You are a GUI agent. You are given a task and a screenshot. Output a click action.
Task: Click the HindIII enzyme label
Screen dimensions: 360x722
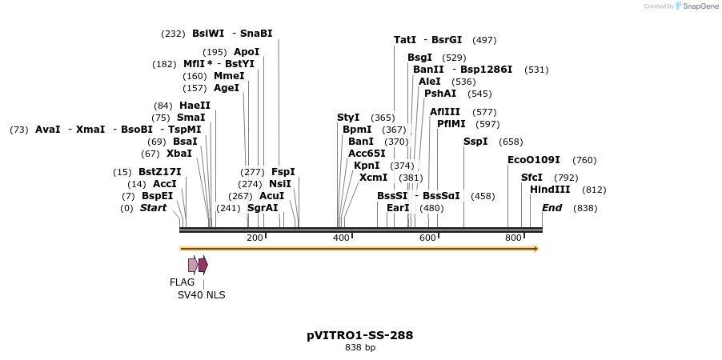pos(550,190)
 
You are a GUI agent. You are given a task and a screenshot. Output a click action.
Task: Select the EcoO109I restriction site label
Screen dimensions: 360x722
pos(533,160)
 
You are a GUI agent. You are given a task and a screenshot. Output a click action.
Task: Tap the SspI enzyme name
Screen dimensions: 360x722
pos(475,142)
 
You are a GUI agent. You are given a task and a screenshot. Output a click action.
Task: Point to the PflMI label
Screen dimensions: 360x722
pos(451,124)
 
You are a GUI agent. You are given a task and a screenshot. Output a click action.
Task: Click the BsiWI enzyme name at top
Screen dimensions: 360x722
pos(208,34)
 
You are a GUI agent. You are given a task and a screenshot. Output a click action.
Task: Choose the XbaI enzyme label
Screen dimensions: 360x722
pos(178,154)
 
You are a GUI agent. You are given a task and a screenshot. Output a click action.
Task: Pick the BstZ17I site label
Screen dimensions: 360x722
pos(159,172)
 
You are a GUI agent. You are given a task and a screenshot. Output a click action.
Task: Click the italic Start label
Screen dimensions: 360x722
pos(153,208)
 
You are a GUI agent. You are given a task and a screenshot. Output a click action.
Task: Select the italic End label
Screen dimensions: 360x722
pos(552,208)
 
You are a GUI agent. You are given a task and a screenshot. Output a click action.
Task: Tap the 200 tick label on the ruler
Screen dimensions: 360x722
pos(255,238)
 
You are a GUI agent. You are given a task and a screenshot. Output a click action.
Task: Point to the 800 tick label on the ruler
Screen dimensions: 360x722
pos(513,238)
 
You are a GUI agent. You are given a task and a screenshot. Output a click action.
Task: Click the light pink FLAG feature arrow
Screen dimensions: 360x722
pos(193,265)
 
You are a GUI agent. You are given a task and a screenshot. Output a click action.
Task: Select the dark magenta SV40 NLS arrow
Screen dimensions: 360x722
pos(203,265)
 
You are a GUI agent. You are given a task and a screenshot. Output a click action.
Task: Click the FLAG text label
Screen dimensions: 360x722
pos(182,282)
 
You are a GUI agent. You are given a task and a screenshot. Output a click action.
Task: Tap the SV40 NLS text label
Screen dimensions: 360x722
pos(201,295)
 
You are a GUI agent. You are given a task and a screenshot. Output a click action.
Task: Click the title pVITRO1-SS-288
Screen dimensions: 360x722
pos(360,335)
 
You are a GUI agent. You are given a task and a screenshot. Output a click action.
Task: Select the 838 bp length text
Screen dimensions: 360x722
pos(360,348)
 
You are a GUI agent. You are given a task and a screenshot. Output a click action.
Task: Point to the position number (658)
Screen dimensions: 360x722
pos(510,142)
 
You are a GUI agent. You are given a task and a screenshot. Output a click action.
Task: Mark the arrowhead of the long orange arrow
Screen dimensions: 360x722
pos(537,249)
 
